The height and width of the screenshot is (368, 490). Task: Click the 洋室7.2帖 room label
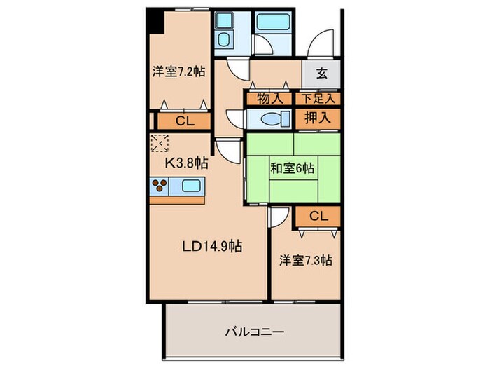coord(178,71)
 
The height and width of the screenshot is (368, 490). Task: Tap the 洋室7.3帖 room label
coord(305,260)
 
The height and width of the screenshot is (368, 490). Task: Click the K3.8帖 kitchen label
coord(186,163)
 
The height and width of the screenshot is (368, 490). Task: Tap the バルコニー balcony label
coord(254,331)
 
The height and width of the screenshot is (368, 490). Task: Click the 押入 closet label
coord(320,118)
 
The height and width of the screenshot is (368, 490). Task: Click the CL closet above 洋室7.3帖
coord(318,217)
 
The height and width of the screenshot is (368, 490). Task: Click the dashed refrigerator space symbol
coord(159,144)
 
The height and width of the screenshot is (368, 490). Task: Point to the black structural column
coord(154,21)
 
